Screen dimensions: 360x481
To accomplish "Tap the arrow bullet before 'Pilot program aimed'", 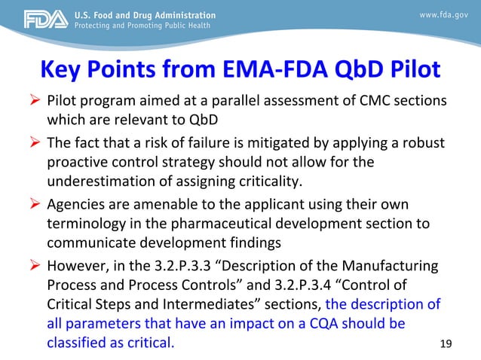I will [35, 102].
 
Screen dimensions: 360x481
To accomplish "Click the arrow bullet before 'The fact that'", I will [35, 143].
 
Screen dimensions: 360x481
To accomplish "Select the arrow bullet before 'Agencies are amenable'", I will [35, 204].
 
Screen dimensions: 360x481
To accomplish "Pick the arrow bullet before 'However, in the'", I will [35, 265].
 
